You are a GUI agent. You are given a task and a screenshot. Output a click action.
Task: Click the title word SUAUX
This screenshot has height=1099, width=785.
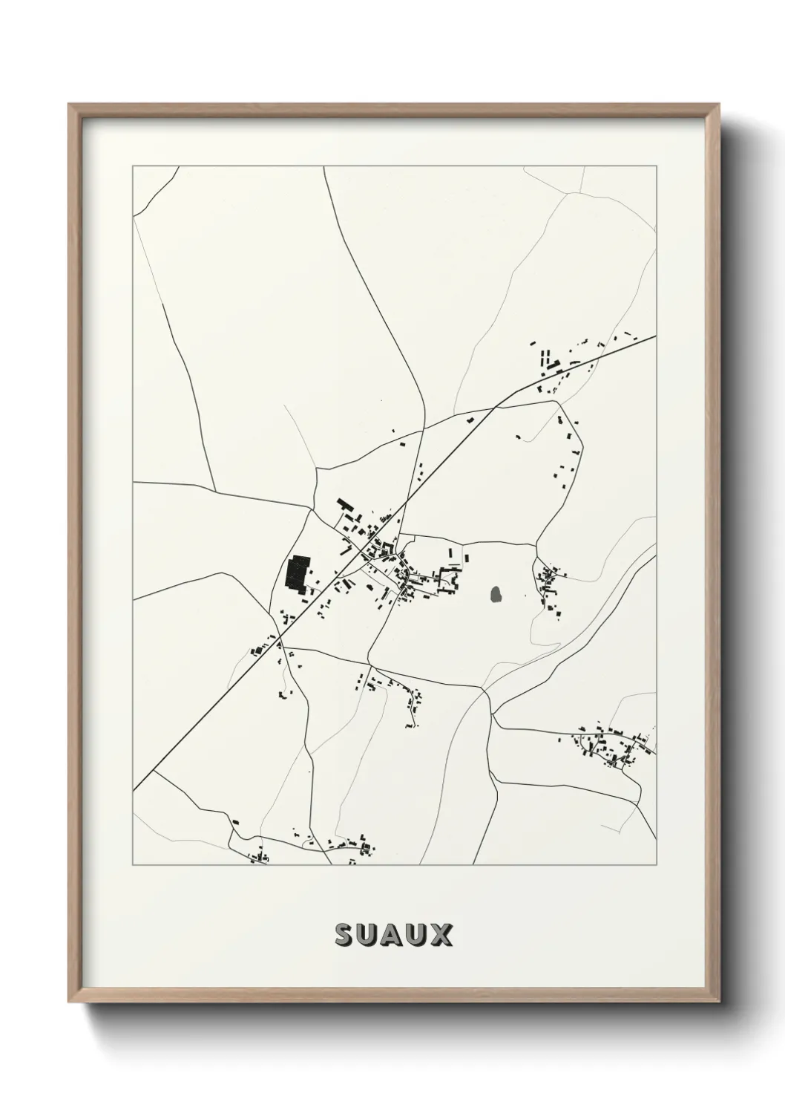tap(393, 935)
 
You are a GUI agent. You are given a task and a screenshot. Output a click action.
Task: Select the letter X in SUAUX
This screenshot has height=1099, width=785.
tap(441, 935)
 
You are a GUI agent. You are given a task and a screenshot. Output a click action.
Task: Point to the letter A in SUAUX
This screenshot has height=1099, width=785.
tap(393, 935)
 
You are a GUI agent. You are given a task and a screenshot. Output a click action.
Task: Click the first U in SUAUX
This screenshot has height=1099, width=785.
tap(369, 935)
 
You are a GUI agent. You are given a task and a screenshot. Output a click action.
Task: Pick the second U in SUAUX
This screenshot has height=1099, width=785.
tap(417, 935)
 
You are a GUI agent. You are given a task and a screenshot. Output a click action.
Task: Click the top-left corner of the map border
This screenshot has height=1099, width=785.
tap(133, 166)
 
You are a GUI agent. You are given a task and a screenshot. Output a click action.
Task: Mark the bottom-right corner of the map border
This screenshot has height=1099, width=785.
tap(657, 865)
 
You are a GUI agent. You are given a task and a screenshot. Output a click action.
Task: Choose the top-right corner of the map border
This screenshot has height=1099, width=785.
tap(657, 166)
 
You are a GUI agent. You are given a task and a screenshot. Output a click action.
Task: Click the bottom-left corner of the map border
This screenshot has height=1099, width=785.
tap(133, 865)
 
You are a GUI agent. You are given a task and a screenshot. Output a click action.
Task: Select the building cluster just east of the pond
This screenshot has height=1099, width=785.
tap(550, 587)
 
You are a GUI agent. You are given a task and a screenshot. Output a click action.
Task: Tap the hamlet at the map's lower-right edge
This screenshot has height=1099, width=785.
tap(612, 743)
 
